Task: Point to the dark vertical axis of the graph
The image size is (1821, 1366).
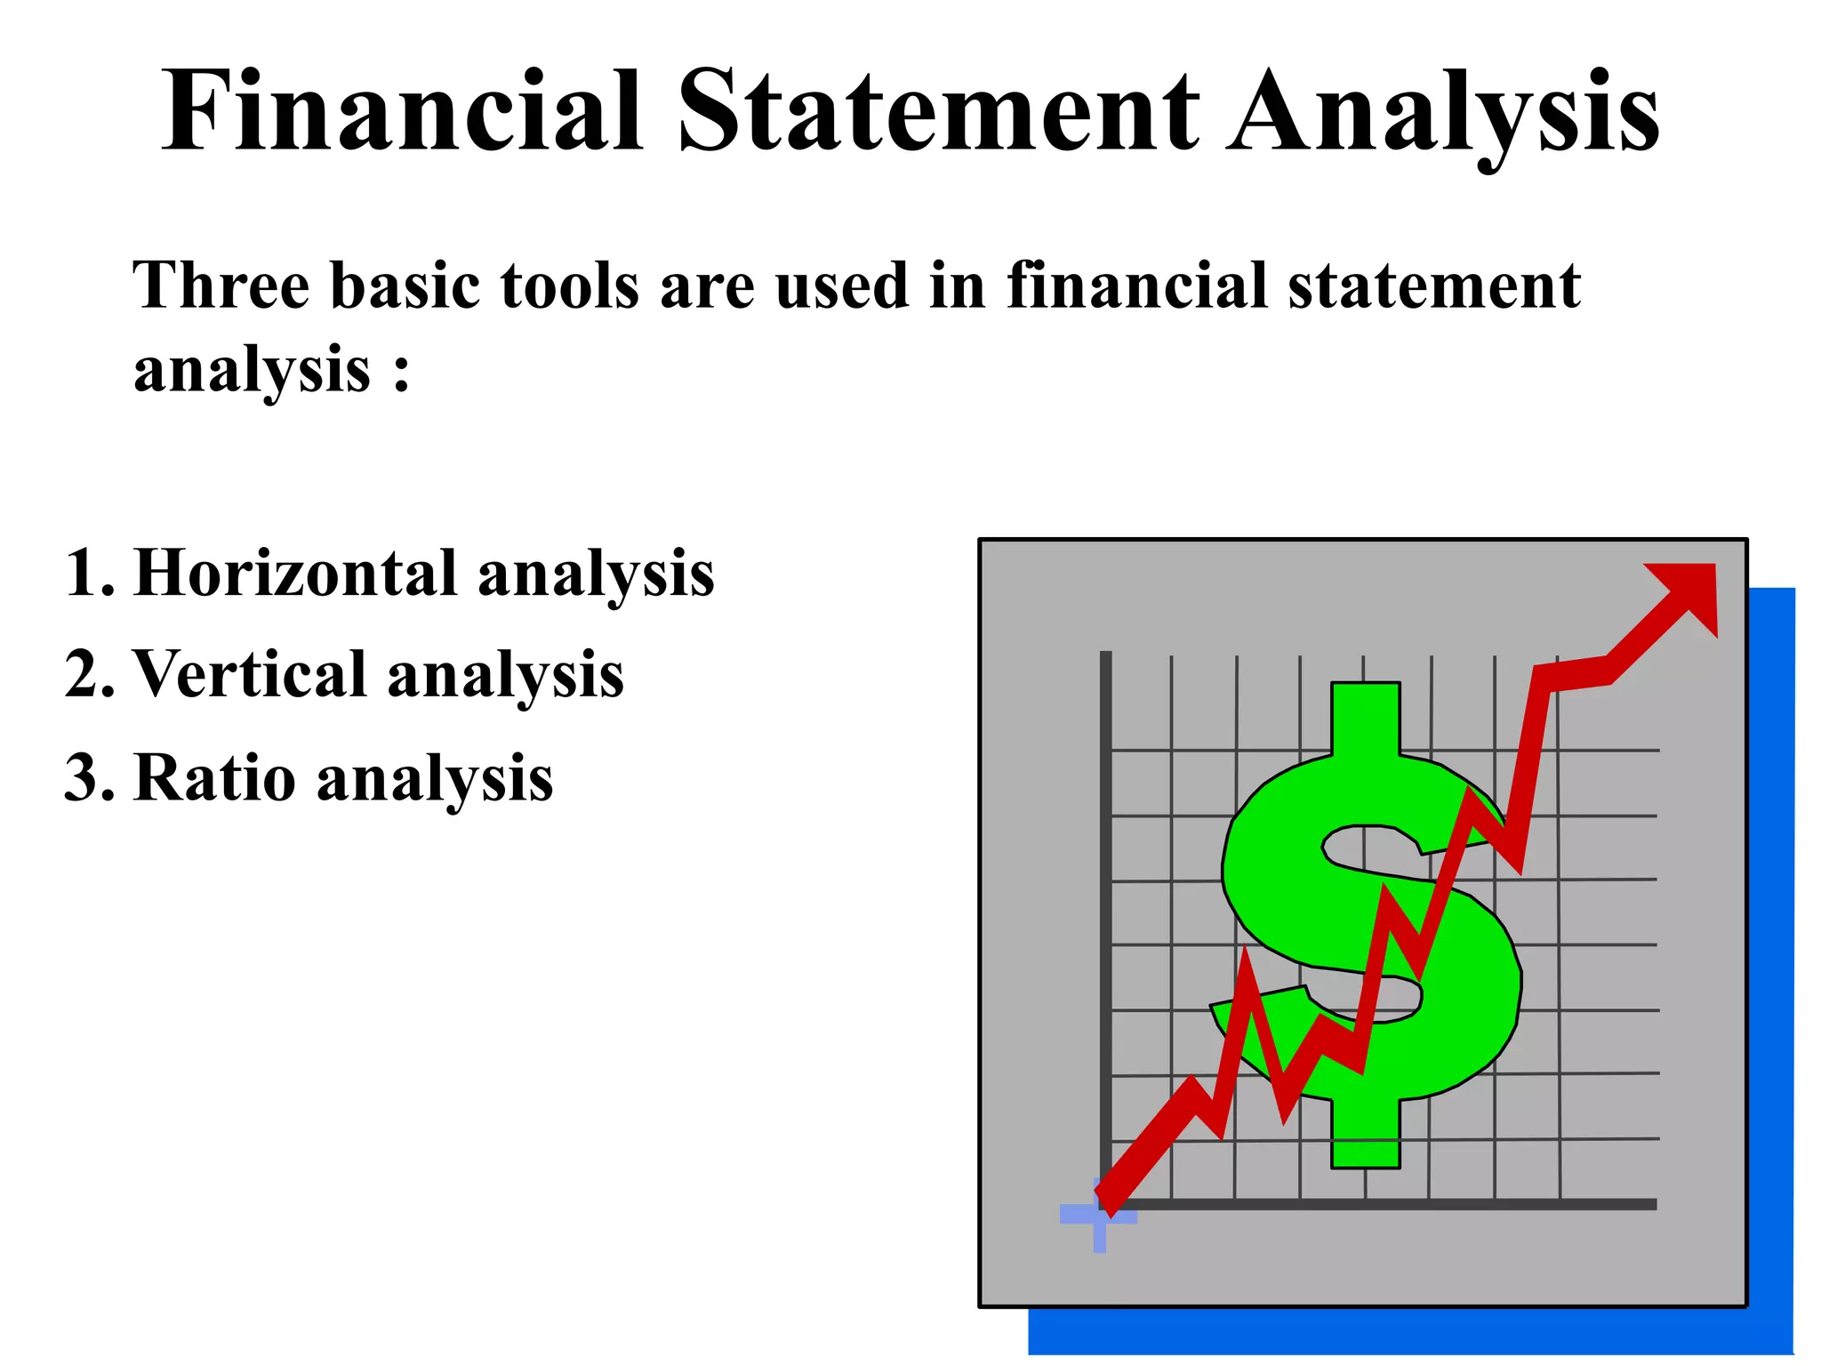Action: click(x=1105, y=889)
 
